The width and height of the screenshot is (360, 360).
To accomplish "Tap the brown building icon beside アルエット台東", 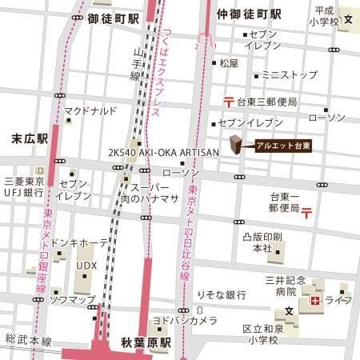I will click(236, 145).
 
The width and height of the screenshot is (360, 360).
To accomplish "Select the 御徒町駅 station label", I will click(110, 15).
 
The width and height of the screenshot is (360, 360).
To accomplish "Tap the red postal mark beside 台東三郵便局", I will click(228, 101).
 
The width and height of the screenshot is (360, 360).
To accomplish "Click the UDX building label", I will click(86, 264).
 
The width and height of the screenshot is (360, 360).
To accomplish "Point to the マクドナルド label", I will click(91, 110).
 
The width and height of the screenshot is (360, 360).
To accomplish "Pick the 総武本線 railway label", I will click(23, 340).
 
